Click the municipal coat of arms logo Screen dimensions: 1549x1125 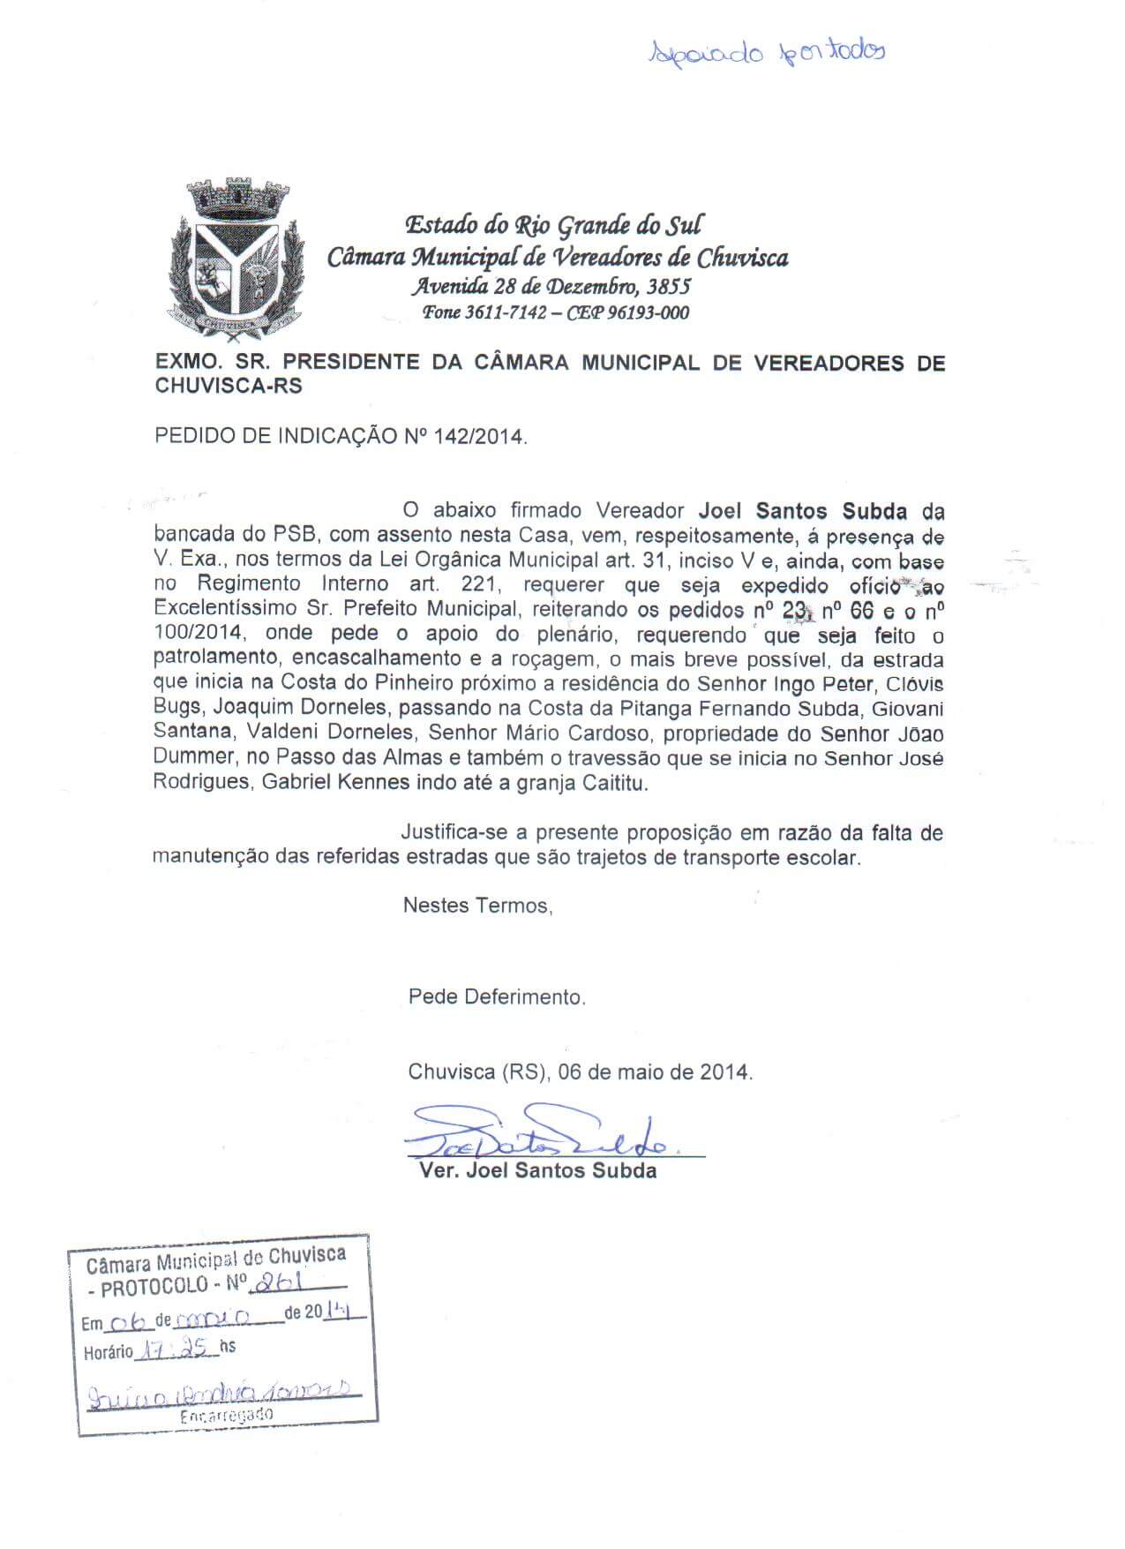(235, 259)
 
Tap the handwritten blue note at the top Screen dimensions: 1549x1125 (767, 52)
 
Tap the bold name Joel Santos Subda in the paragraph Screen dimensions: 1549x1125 (802, 511)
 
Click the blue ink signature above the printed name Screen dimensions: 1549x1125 (538, 1135)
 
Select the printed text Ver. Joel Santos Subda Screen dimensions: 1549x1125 (538, 1172)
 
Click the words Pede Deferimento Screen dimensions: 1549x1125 (496, 997)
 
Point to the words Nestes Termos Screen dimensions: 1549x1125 (477, 905)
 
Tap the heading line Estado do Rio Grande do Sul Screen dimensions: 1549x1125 (553, 225)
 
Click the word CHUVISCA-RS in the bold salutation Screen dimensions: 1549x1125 (229, 387)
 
